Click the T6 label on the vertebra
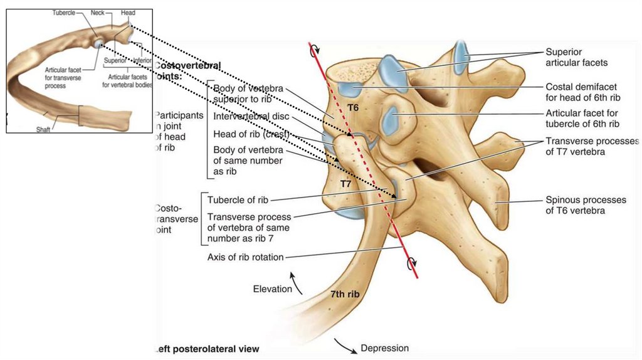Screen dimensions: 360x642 point(354,108)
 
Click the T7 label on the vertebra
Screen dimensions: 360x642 point(345,184)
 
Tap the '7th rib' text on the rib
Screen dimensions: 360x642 point(345,294)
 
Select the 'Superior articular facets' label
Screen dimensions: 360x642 point(576,57)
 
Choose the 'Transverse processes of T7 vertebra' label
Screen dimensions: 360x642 point(591,147)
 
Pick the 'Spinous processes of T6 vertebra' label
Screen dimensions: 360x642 point(586,205)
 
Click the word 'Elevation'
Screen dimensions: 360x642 point(272,289)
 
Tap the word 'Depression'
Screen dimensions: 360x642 point(384,348)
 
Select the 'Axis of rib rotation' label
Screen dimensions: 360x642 point(245,257)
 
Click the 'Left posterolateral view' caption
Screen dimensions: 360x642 point(207,348)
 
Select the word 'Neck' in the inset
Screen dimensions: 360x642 point(97,13)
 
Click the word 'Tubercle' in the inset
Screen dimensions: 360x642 point(65,13)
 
